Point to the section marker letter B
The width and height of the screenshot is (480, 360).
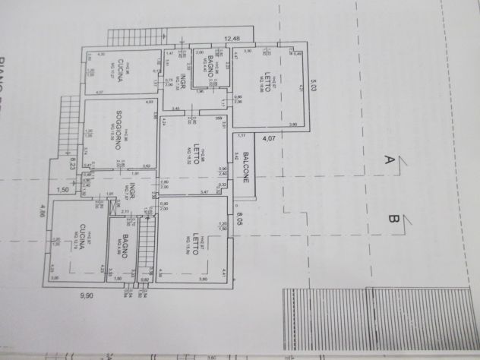[x=394, y=220]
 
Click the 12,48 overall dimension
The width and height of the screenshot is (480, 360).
[x=232, y=39]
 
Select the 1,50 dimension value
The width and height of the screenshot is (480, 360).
[x=64, y=189]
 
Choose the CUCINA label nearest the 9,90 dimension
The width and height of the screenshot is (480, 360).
[x=78, y=242]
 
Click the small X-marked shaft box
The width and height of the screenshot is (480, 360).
[x=220, y=52]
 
